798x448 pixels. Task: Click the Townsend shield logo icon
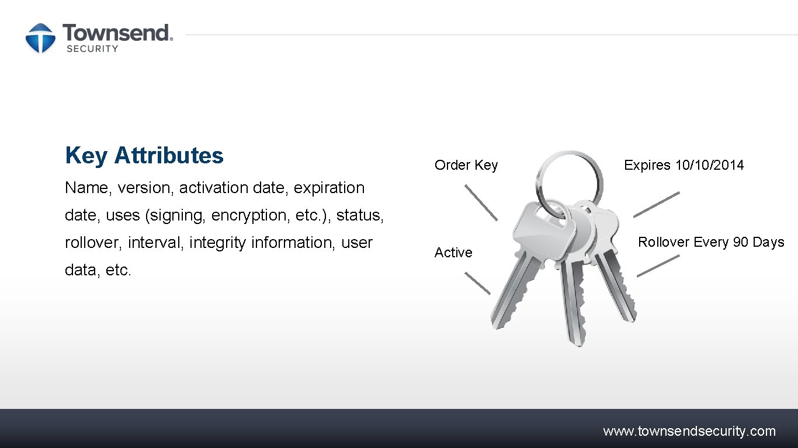(40, 38)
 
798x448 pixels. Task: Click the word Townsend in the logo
(117, 33)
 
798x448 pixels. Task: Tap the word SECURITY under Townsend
(92, 49)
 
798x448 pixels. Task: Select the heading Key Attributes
(144, 156)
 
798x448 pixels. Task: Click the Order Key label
(466, 165)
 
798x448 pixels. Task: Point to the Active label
(453, 253)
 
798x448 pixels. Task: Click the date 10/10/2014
(710, 165)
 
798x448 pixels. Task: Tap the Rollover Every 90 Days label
(711, 242)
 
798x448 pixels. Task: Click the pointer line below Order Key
(481, 202)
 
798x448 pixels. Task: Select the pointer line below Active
(477, 283)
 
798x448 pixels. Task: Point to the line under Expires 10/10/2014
(657, 204)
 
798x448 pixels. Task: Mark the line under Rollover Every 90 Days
(658, 265)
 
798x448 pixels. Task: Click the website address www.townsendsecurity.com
(689, 432)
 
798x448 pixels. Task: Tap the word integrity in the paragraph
(218, 243)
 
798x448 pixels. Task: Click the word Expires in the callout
(647, 165)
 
